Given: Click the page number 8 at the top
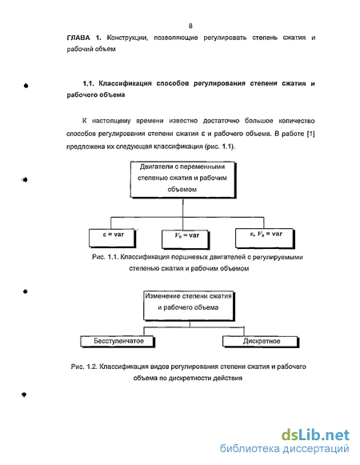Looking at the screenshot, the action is [190, 26].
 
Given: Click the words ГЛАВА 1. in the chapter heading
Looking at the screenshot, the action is [84, 38].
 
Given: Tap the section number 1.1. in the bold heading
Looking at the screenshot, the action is [88, 83].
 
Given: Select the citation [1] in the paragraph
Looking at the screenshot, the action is [310, 134].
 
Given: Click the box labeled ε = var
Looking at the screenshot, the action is [112, 238].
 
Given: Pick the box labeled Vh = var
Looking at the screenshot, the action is [186, 239].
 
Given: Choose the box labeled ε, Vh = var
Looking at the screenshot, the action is [265, 238].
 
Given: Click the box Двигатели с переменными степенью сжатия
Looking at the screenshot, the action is [183, 180].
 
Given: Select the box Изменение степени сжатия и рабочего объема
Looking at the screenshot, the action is [189, 306].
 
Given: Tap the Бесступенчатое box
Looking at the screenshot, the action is [118, 341].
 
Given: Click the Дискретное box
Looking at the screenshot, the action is [261, 341].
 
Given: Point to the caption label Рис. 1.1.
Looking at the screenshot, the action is [105, 257].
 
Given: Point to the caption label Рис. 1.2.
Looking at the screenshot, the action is [84, 367].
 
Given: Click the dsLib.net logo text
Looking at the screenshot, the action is [315, 435].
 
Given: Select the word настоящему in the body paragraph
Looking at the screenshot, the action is [111, 121].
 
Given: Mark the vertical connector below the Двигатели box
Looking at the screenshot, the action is [183, 214].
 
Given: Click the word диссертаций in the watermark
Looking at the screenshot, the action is [316, 449].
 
